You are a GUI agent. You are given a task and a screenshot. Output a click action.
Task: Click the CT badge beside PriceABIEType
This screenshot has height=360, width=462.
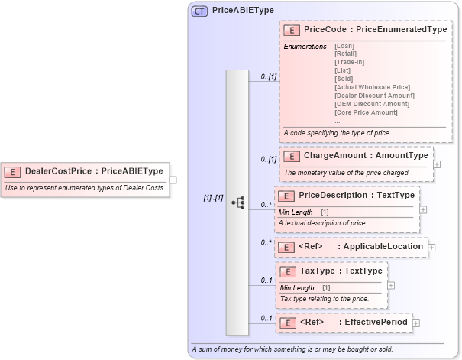(200, 11)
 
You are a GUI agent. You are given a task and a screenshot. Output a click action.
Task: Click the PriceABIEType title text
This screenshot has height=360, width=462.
(243, 11)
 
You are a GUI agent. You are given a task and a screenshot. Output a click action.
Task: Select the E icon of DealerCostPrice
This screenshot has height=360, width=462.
(14, 172)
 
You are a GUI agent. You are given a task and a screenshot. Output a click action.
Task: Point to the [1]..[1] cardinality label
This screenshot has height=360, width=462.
(212, 197)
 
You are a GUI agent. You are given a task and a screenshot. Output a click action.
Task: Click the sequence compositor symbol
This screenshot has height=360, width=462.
(237, 203)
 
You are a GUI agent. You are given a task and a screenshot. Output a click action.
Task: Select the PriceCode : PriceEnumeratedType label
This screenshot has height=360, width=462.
(375, 30)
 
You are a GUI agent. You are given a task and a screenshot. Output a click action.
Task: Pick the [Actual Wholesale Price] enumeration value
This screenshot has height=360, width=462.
(372, 87)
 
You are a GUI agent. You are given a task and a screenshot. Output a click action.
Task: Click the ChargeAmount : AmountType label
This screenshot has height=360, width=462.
(366, 156)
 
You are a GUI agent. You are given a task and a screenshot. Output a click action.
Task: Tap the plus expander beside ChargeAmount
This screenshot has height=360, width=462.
(437, 164)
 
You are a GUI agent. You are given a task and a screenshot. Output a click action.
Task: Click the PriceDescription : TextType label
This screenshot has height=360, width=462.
(357, 196)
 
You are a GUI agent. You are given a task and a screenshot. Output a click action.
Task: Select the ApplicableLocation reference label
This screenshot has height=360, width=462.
(383, 247)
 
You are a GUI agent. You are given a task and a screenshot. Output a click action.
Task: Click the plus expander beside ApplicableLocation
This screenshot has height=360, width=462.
(431, 247)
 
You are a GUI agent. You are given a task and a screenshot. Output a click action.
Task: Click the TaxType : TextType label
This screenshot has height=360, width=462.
(341, 271)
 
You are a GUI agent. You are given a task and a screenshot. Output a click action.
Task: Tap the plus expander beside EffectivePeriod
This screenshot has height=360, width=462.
(416, 323)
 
